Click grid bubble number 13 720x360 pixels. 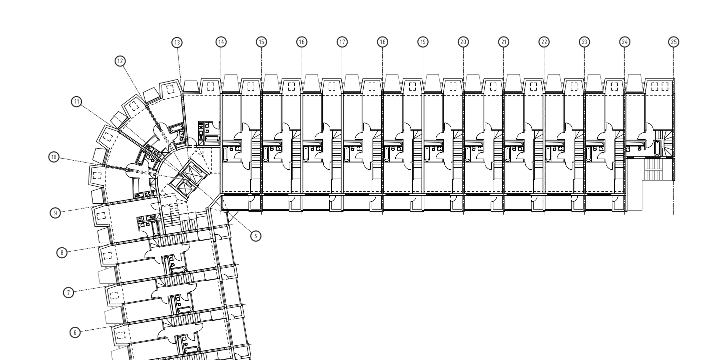[x=177, y=41]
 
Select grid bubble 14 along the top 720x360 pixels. [x=220, y=41]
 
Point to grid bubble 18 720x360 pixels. [x=382, y=41]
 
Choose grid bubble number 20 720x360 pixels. [x=463, y=41]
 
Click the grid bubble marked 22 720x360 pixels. [x=544, y=41]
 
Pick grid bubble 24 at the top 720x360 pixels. [x=625, y=41]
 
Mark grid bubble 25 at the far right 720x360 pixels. [x=674, y=41]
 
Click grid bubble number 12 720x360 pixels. [x=121, y=61]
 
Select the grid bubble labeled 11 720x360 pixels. [x=77, y=102]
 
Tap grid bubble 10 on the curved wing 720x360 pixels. [x=54, y=157]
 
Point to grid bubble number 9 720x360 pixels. [x=56, y=212]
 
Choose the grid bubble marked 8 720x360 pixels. [x=62, y=253]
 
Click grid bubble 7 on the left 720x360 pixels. [x=68, y=292]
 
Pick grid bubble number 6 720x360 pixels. [x=74, y=331]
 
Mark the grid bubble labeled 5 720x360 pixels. [x=255, y=236]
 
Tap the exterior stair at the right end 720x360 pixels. [x=656, y=172]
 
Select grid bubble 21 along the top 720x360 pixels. [x=503, y=41]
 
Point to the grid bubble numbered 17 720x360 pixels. [x=342, y=41]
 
